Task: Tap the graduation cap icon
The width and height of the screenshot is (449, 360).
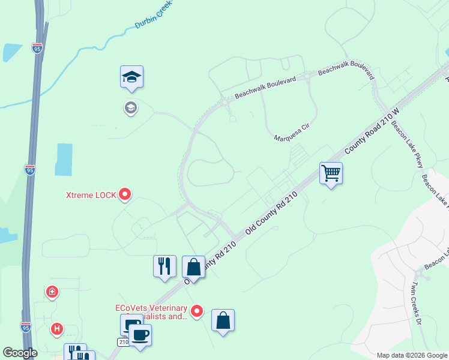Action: pos(131,77)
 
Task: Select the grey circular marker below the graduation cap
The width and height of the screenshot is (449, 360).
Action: pos(130,108)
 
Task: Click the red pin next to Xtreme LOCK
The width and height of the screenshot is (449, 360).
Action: pos(125,194)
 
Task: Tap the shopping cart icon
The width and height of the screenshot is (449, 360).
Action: pos(331,173)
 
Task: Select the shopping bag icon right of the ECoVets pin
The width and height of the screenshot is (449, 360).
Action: pos(223,320)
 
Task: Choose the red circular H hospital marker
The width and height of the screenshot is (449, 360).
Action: pos(57,329)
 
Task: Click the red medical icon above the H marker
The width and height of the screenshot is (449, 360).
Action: pos(53,292)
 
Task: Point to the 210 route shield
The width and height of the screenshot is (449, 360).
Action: pos(122,341)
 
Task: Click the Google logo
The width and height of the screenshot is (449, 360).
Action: pos(20,353)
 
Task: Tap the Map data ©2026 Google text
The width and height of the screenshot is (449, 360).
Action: pos(411,355)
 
